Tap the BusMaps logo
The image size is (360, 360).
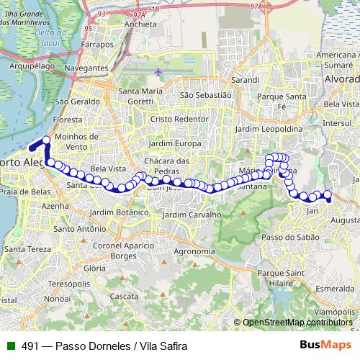point(327,346)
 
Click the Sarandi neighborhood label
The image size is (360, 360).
point(244,80)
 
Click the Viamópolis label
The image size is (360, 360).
point(337,311)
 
